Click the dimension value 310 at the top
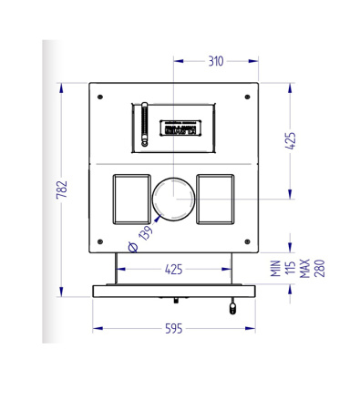tap(215, 62)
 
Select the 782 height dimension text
tap(63, 189)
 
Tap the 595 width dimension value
tap(172, 329)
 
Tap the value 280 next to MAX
tap(320, 269)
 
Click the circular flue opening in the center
tap(172, 199)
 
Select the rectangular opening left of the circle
tap(129, 198)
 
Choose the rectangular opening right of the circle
tap(217, 198)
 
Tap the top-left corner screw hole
tap(100, 97)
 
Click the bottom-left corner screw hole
tap(101, 240)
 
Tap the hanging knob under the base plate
tap(232, 305)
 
